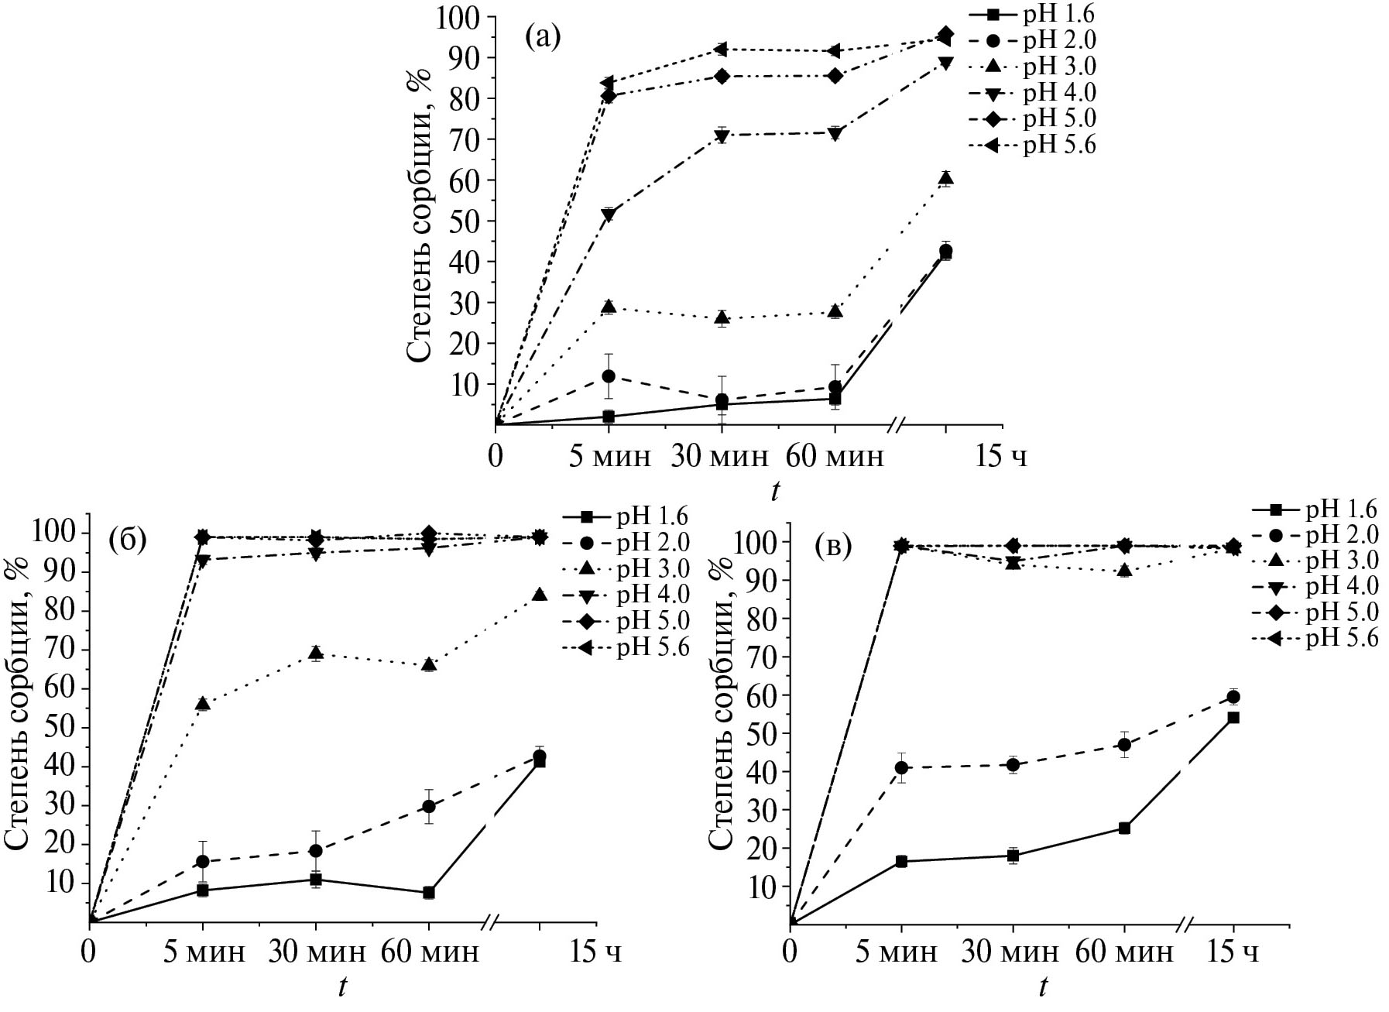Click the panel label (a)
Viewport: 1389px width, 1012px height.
tap(542, 36)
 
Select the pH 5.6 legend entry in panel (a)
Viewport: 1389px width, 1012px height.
tap(1059, 145)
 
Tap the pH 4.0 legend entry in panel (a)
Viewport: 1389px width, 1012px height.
tap(1059, 93)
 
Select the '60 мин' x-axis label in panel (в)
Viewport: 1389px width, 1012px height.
tap(1125, 952)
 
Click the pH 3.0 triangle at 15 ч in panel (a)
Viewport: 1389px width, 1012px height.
tap(945, 179)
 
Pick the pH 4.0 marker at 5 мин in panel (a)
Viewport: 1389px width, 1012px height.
tap(609, 215)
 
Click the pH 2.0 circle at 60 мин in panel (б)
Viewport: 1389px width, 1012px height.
tap(429, 806)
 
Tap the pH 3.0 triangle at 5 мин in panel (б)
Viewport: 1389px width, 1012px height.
tap(203, 704)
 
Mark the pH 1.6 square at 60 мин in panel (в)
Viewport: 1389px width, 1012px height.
tap(1124, 828)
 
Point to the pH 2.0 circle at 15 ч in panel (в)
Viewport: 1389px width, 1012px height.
tap(1233, 697)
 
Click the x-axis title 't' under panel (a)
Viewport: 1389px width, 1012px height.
tap(774, 491)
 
